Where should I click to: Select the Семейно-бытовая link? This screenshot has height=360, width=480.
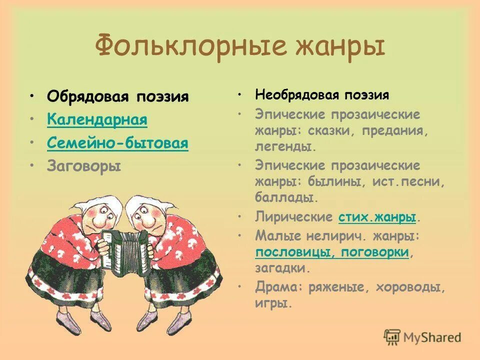click(x=117, y=143)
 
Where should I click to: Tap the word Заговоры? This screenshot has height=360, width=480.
click(x=84, y=166)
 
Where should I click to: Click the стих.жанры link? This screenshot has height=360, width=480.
click(x=377, y=217)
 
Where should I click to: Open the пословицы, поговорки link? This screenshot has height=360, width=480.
click(x=332, y=252)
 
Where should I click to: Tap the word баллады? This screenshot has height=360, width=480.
click(x=286, y=197)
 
